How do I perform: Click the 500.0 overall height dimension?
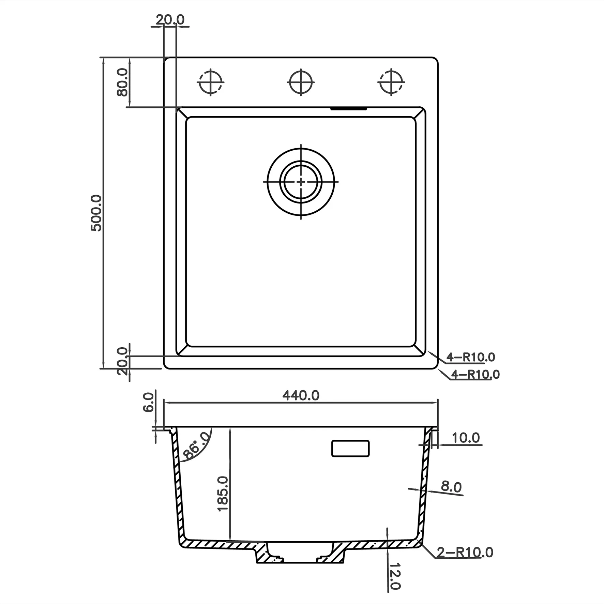click(96, 213)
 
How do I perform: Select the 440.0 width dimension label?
click(301, 395)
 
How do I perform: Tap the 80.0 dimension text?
click(122, 82)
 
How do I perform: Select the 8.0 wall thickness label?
click(451, 487)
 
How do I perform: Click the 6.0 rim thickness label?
click(149, 402)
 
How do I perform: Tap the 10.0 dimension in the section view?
click(466, 438)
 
